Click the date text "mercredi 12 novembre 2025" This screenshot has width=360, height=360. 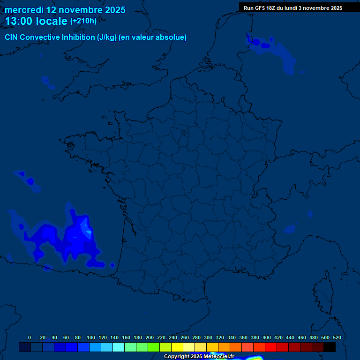pos(65,10)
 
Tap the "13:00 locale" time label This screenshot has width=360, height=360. pos(36,21)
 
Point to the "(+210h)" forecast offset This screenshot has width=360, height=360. pos(83,21)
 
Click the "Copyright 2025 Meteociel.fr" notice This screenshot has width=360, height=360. pos(199,357)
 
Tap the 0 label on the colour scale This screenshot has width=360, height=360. pos(30,337)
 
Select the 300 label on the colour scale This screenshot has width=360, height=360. pos(208,337)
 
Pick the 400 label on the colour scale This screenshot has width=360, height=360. pos(267,337)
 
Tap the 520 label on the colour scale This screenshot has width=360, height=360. pos(337,337)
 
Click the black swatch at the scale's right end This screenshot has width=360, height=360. pos(330,347)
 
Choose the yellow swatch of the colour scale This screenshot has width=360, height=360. pos(177,347)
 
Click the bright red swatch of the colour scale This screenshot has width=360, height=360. pos(271,347)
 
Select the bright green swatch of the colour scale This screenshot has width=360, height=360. pos(154,347)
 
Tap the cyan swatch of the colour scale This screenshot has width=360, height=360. pos(119,347)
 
